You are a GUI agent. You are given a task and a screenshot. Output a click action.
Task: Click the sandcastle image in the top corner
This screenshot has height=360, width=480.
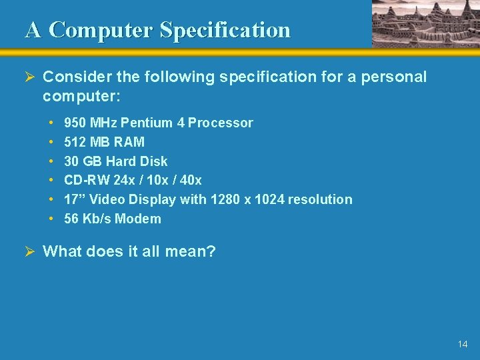coord(425,23)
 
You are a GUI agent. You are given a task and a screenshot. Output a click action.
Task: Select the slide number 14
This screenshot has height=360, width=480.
coord(463,344)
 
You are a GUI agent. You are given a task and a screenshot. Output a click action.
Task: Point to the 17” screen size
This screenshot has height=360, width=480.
coord(74,199)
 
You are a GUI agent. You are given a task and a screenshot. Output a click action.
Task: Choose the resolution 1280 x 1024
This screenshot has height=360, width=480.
coord(247,199)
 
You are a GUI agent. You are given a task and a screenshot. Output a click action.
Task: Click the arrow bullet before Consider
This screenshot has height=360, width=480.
coord(31,77)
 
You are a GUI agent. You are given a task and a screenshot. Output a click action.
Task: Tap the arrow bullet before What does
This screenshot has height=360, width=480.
coord(31,251)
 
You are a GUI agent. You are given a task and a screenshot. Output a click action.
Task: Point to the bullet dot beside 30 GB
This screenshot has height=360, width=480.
coord(51,161)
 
